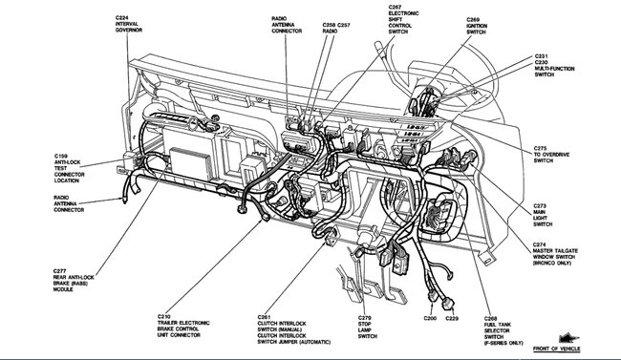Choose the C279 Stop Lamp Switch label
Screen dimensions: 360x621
point(367,327)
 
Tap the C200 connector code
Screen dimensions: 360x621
point(430,316)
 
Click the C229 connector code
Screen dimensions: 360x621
point(453,316)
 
